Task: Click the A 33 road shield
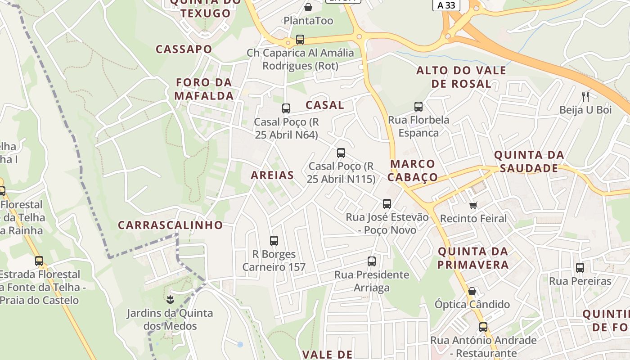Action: coord(446,5)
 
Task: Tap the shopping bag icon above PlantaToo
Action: coord(308,7)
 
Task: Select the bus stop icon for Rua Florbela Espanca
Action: coord(418,107)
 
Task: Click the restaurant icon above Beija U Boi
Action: coord(585,96)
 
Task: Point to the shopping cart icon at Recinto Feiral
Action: coord(473,205)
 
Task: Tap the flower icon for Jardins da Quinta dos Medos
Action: coord(170,299)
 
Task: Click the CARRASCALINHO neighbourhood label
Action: coord(171,225)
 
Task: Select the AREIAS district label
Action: coord(272,175)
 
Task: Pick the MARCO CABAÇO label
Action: coord(413,170)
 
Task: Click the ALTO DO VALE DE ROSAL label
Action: coord(461,77)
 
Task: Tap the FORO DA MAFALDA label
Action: coord(204,89)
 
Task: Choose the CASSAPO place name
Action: coord(184,49)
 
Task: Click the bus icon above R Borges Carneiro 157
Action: coord(274,241)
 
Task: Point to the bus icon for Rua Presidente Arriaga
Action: coord(372,261)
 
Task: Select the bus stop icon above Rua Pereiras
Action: coord(580,268)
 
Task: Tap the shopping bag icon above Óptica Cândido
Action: coord(472,291)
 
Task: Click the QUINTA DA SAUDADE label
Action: coord(529,162)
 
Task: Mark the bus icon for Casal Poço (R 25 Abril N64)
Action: coord(286,108)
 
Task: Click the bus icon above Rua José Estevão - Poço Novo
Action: coord(387,204)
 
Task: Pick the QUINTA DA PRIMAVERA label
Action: coord(473,258)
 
